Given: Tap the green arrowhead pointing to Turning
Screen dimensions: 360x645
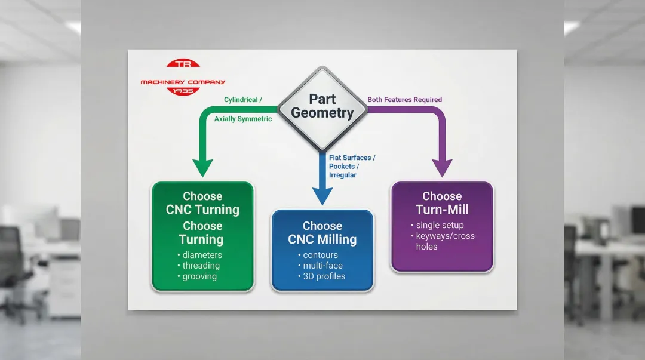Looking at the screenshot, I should (x=202, y=168).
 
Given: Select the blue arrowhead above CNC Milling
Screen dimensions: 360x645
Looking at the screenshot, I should (x=322, y=196).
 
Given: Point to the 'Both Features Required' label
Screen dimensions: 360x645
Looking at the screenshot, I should (x=404, y=100).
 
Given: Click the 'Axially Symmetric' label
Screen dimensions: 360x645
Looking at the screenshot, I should (x=243, y=119).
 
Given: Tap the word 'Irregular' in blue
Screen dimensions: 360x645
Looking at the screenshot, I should (x=343, y=175).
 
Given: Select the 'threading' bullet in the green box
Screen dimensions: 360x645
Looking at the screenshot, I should (x=201, y=266).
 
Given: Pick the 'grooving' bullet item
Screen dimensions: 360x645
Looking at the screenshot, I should (x=199, y=276).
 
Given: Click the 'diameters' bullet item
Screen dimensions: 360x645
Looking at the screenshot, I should (x=202, y=255).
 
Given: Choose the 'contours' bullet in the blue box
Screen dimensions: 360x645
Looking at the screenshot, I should (x=321, y=255).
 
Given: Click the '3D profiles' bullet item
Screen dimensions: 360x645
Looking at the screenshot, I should (x=324, y=276).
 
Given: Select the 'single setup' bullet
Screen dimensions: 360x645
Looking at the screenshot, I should (x=440, y=226).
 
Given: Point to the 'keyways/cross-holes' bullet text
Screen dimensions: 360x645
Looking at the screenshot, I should (x=447, y=241).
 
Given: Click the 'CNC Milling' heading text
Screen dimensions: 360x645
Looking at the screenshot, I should (x=322, y=240).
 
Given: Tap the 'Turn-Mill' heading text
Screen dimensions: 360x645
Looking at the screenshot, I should (x=442, y=210).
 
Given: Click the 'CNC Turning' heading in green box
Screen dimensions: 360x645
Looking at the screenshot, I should (x=202, y=210).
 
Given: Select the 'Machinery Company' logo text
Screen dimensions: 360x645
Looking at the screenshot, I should (x=183, y=82).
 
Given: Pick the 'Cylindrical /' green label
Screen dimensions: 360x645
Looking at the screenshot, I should (x=243, y=100).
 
